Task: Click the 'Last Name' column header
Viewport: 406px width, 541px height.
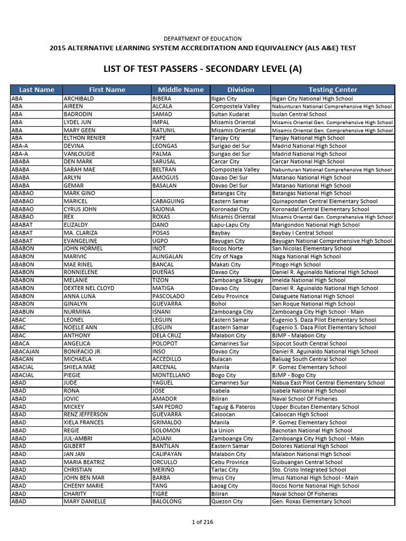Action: click(36, 90)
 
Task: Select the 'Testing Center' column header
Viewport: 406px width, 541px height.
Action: click(333, 90)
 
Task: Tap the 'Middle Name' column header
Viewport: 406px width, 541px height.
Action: click(181, 90)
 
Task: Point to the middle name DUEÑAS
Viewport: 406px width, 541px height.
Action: click(165, 272)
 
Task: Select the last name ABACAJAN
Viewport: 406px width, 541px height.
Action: click(25, 351)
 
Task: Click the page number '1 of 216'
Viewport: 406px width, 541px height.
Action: click(202, 522)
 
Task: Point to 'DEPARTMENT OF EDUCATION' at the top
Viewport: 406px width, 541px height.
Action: click(202, 39)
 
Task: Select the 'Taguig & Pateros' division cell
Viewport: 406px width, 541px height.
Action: click(233, 407)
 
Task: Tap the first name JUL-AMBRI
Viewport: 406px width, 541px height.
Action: click(79, 439)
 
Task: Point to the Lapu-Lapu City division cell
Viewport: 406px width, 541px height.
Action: click(230, 225)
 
